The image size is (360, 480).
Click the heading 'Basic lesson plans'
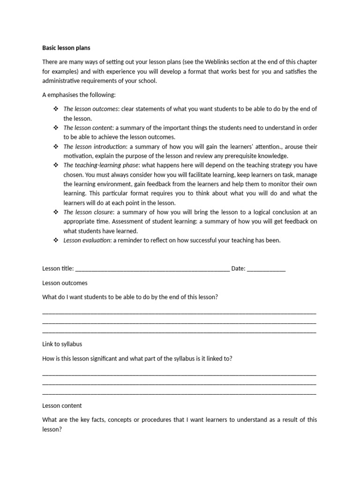[x=67, y=48]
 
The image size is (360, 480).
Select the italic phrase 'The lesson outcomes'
[x=90, y=109]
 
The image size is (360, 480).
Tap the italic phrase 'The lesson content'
[x=88, y=127]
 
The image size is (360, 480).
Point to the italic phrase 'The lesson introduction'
[x=94, y=146]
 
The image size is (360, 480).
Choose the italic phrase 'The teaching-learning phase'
[x=101, y=165]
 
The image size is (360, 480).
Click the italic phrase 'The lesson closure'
[x=88, y=212]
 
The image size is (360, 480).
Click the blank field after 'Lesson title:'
[x=152, y=269]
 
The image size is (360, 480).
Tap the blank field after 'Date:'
[x=266, y=269]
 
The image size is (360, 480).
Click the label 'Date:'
[x=238, y=269]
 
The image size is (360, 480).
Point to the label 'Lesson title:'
[x=58, y=269]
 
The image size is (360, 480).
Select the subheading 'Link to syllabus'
[x=62, y=344]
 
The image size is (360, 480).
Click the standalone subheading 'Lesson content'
[x=62, y=405]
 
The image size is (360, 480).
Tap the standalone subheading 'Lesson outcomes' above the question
[x=65, y=283]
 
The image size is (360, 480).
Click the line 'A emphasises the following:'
[x=79, y=95]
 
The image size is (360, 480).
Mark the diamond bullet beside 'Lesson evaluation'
[x=55, y=240]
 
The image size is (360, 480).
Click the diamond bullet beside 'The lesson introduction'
[x=55, y=146]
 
